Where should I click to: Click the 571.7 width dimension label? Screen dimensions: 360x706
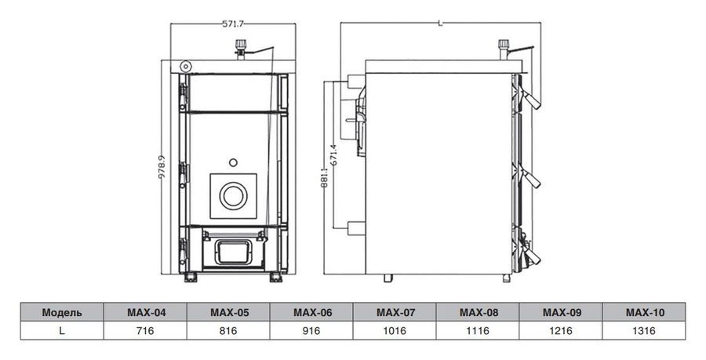click(232, 24)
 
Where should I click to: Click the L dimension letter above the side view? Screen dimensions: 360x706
click(441, 24)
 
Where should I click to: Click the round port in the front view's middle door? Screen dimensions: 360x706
click(233, 195)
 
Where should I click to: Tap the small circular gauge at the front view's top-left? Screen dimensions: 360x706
click(186, 65)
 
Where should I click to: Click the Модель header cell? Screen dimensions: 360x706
click(61, 312)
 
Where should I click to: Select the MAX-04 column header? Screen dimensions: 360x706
click(146, 312)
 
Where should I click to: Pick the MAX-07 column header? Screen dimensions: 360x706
click(396, 312)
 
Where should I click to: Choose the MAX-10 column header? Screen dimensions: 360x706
click(646, 312)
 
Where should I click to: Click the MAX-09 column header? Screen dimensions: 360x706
click(562, 312)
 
